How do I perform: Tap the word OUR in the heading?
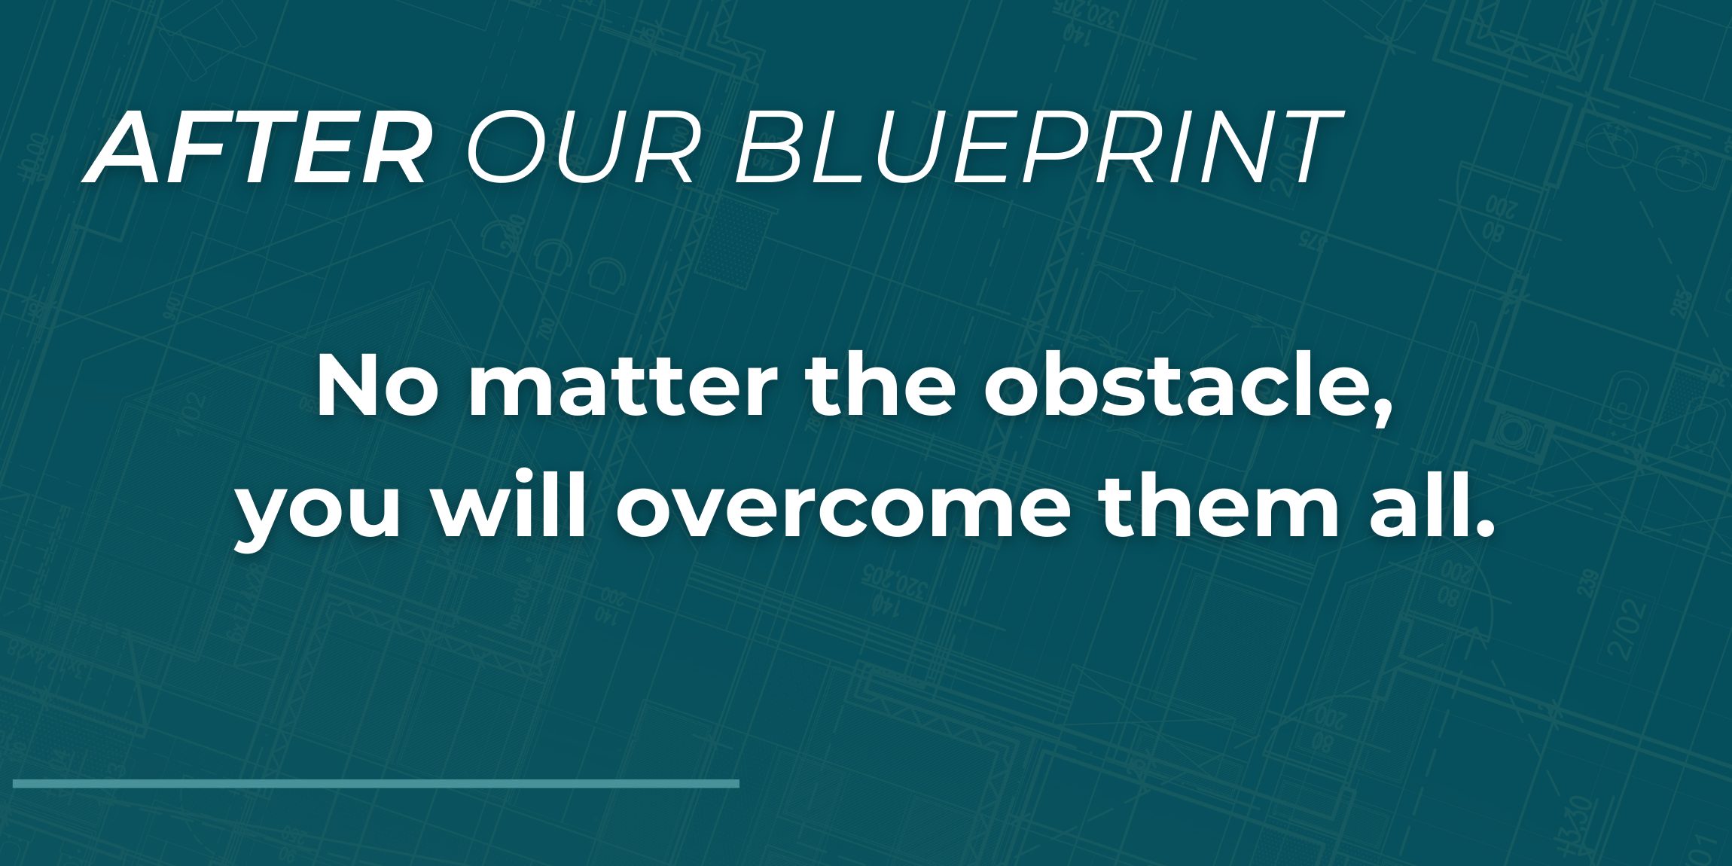[x=581, y=147]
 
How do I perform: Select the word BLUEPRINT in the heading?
[x=1036, y=147]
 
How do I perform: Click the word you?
[x=317, y=516]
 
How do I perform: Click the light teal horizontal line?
[x=376, y=784]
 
